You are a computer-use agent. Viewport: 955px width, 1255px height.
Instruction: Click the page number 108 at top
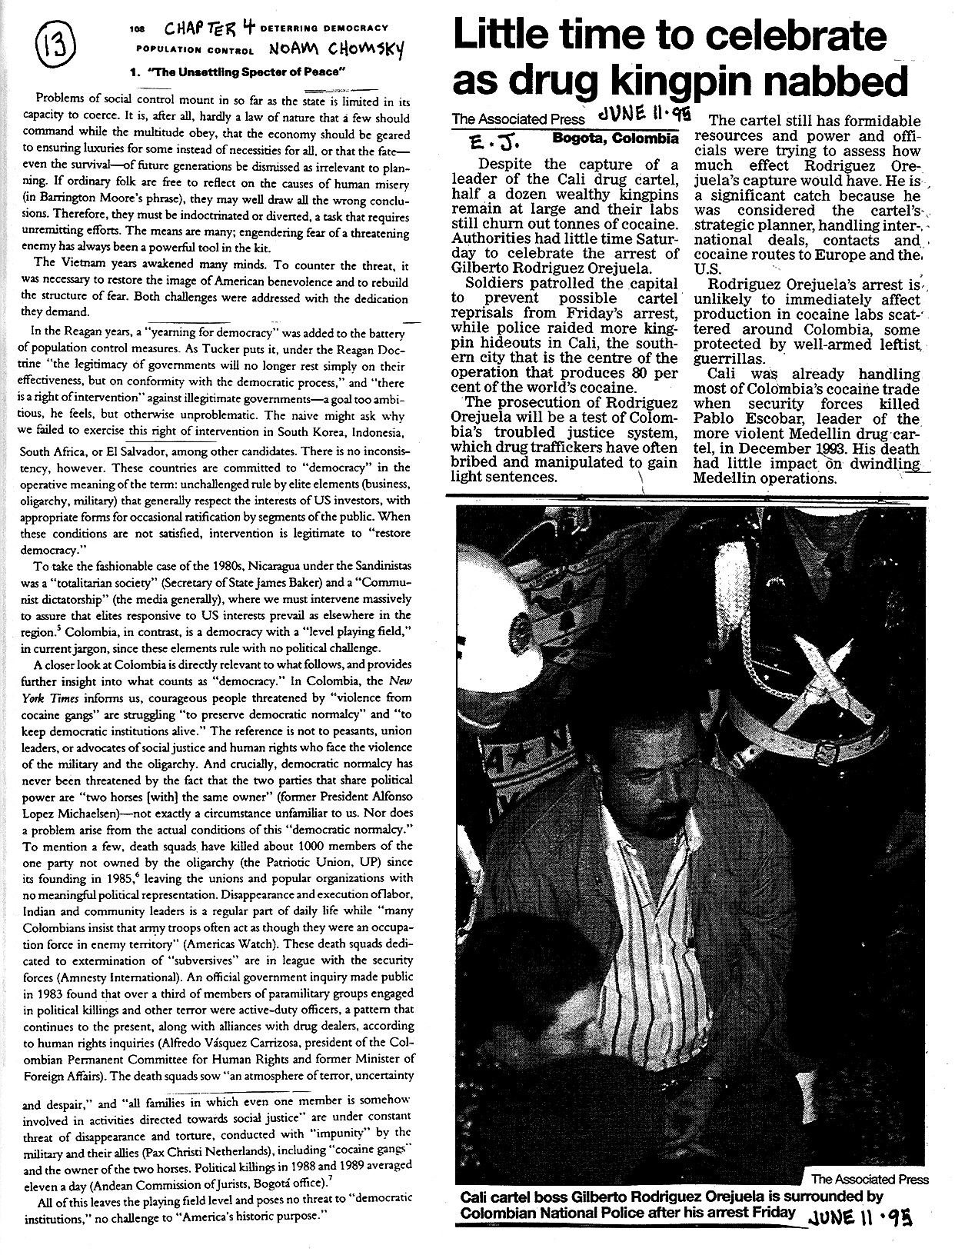(137, 28)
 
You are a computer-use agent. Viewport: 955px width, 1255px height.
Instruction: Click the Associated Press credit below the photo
(870, 1179)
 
